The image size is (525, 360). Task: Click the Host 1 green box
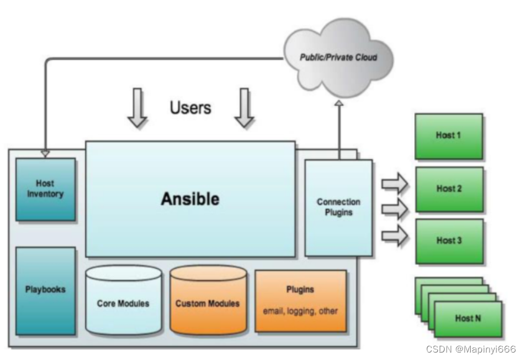click(448, 136)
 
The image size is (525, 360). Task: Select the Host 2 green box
click(448, 189)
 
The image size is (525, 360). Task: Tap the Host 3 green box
click(448, 241)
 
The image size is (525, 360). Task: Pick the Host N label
click(467, 318)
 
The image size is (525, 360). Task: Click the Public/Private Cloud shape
click(338, 58)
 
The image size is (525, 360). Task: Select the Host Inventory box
click(45, 189)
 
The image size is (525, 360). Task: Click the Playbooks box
click(45, 290)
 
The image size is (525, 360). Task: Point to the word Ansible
click(190, 199)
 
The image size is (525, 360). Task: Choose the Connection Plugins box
click(338, 208)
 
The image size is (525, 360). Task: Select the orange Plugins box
click(300, 300)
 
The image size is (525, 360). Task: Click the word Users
click(190, 108)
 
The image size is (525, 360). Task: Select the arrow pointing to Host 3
click(394, 235)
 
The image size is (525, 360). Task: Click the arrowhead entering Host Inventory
click(45, 153)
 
